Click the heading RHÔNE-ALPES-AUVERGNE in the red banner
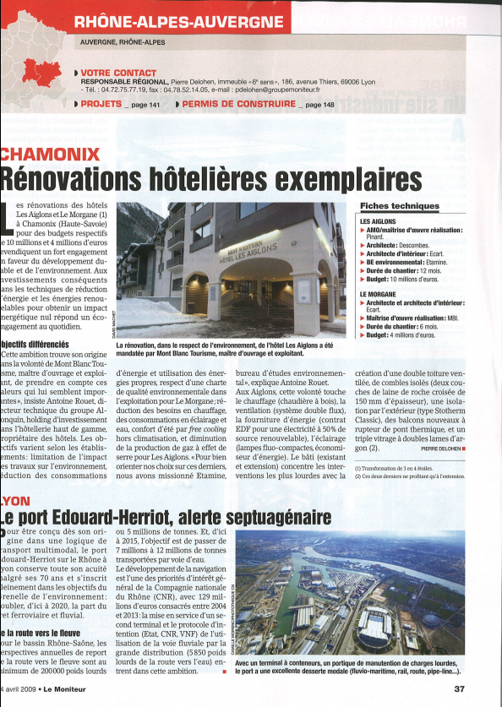point(178,22)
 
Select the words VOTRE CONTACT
point(118,73)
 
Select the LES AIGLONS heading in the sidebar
point(379,221)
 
